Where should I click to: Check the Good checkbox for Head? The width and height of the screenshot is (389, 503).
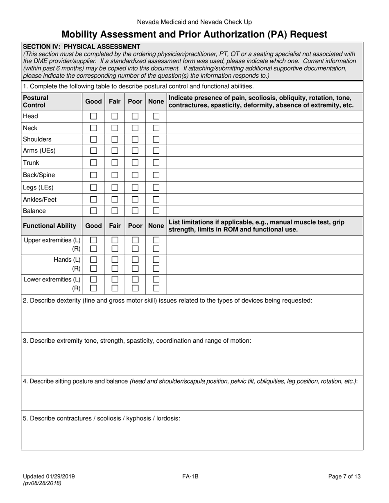pos(93,116)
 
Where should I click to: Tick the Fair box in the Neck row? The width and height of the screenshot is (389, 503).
pos(115,128)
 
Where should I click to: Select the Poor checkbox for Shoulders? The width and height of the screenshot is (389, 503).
pos(135,139)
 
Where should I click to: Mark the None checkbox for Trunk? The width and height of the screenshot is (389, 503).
pos(156,163)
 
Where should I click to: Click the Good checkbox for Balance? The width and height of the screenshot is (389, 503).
pos(93,211)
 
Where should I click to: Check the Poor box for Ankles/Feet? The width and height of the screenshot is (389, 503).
pos(135,200)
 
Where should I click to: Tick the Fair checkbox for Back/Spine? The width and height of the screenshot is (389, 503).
pos(115,175)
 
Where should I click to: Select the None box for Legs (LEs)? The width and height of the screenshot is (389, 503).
pos(156,188)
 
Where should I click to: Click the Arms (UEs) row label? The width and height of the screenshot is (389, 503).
pos(39,150)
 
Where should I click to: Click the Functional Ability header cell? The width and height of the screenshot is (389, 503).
pos(50,226)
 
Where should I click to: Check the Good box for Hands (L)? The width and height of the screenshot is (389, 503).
pos(93,260)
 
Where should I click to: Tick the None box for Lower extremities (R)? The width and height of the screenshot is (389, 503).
pos(156,288)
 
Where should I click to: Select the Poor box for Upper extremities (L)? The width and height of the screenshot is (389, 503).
pos(135,240)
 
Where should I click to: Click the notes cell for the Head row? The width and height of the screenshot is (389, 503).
pos(265,116)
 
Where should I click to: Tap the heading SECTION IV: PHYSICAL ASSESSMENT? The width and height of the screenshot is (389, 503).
pos(81,47)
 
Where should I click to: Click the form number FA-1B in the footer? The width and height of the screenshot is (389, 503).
pos(191,476)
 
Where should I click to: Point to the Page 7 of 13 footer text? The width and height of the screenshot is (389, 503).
pos(344,476)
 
